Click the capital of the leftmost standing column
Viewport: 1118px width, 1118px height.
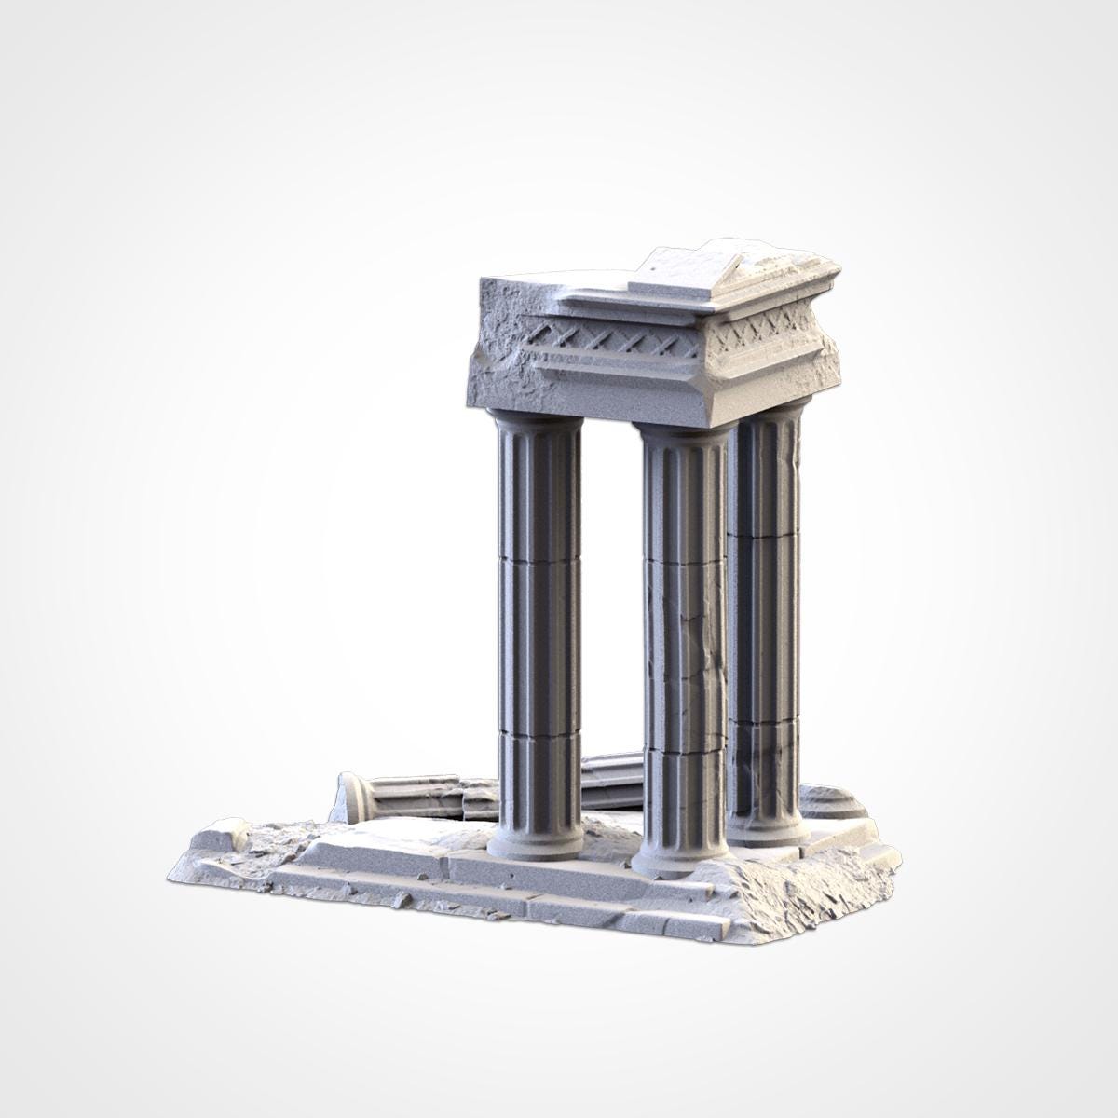click(538, 420)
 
